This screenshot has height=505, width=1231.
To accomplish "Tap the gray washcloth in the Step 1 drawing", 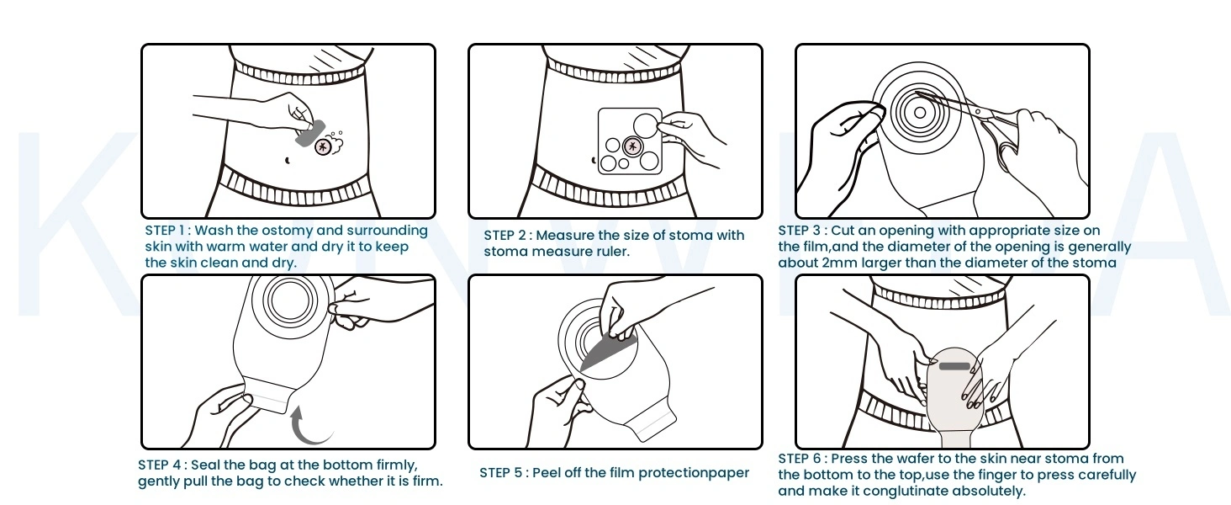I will (x=310, y=133).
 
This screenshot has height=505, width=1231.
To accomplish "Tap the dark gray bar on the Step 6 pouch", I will (x=954, y=366).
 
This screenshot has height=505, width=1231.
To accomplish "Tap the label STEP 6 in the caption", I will (x=800, y=460).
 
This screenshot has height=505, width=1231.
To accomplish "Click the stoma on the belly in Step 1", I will (x=322, y=147).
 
